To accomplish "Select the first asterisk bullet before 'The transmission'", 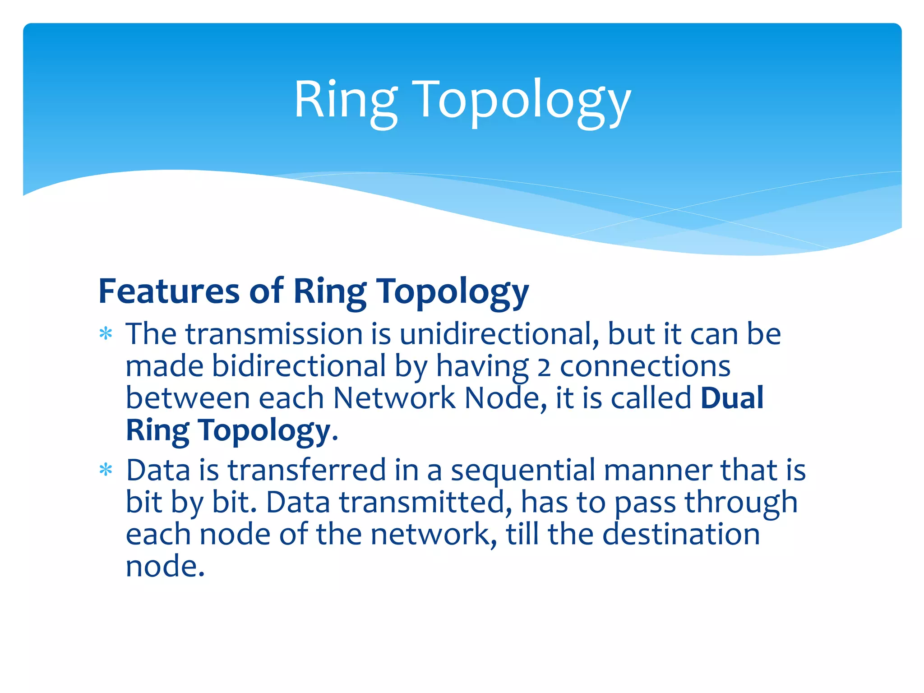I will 106,334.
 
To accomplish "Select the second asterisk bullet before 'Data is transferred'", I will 106,471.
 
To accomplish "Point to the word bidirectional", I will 298,366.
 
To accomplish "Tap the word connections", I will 645,367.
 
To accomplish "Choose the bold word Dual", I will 732,398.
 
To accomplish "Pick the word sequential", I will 523,471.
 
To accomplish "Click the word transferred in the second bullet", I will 306,471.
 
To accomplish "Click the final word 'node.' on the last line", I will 165,567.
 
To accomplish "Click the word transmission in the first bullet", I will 274,334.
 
